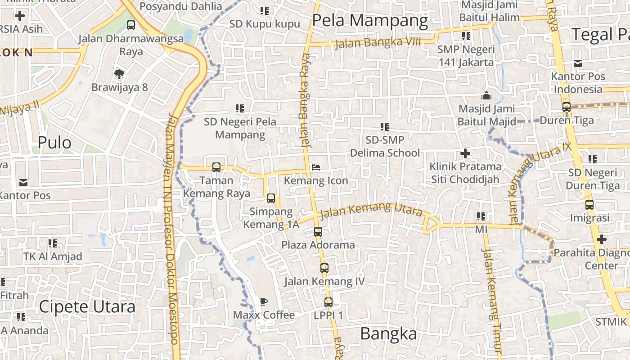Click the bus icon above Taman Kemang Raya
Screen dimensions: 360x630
[x=216, y=167]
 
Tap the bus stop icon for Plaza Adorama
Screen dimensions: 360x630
[x=318, y=232]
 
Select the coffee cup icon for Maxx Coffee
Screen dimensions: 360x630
[x=264, y=301]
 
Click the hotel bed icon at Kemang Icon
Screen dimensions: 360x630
[x=316, y=167]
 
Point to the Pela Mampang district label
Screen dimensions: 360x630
[x=370, y=21]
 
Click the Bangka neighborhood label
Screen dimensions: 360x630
[x=388, y=334]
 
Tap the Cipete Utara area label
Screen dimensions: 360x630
[x=87, y=307]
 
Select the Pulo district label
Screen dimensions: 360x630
[x=54, y=143]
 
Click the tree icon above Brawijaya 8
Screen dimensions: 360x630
[x=119, y=74]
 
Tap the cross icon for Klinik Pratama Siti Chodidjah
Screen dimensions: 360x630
[x=465, y=154]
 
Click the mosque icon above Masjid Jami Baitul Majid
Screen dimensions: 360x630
[x=486, y=96]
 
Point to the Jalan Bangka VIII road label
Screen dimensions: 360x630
[x=378, y=43]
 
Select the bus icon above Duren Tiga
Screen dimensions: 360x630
[x=566, y=107]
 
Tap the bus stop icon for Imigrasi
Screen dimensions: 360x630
[x=589, y=205]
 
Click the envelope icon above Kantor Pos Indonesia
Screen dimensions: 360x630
[x=577, y=63]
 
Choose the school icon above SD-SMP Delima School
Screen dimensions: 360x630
[x=384, y=127]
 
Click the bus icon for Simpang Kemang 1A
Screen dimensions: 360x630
[x=270, y=198]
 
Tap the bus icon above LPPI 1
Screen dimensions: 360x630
[x=328, y=302]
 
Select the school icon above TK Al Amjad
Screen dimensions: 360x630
[x=53, y=243]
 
